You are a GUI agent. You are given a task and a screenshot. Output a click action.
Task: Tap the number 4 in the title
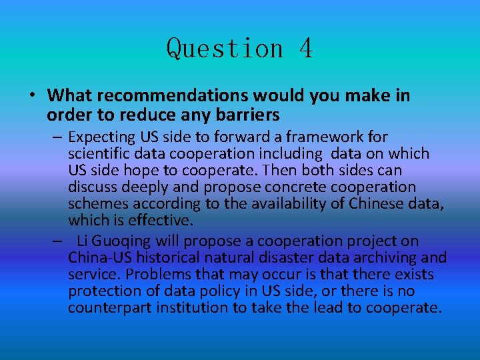(x=305, y=49)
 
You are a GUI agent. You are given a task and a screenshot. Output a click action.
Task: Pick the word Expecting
(x=101, y=137)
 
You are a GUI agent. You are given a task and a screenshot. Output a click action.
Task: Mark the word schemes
(x=98, y=204)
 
